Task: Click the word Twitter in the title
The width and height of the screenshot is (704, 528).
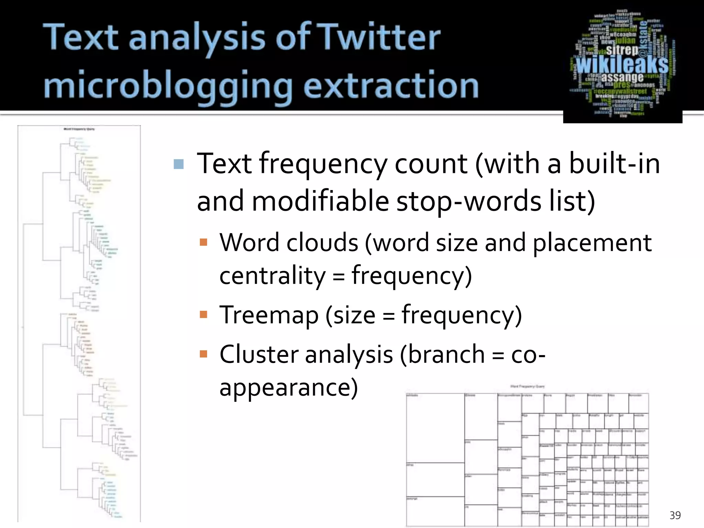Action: (x=379, y=37)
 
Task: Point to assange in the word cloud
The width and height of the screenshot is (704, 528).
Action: (x=622, y=78)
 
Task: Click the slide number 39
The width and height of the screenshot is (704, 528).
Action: (x=675, y=515)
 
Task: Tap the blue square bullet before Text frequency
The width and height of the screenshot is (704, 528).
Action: (x=179, y=164)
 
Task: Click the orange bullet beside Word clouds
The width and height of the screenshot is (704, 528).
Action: (x=203, y=242)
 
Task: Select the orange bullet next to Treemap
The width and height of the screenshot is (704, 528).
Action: (x=203, y=315)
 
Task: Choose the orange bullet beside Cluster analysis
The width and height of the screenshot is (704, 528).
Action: (x=203, y=354)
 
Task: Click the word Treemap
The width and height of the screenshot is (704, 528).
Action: (x=269, y=315)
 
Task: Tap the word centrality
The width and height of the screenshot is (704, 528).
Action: (x=272, y=276)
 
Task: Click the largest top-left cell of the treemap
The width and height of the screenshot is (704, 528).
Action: (x=435, y=428)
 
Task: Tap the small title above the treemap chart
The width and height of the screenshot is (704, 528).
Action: (x=527, y=386)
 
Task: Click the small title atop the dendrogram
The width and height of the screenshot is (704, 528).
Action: (x=79, y=129)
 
